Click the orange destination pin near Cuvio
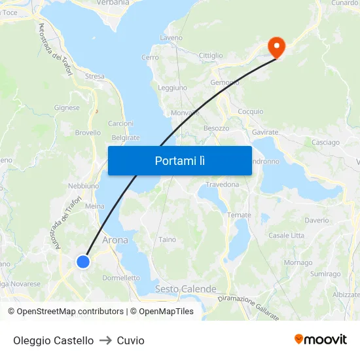pyautogui.click(x=276, y=46)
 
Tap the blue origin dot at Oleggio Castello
pyautogui.click(x=82, y=262)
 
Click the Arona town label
pyautogui.click(x=115, y=240)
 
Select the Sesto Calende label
pyautogui.click(x=185, y=289)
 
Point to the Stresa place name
pyautogui.click(x=94, y=77)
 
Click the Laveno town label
pyautogui.click(x=171, y=38)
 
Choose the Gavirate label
pyautogui.click(x=265, y=132)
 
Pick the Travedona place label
pyautogui.click(x=223, y=185)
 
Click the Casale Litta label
pyautogui.click(x=286, y=235)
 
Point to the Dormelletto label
pyautogui.click(x=121, y=278)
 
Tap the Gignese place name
pyautogui.click(x=67, y=108)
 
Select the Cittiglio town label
pyautogui.click(x=211, y=56)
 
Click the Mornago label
pyautogui.click(x=298, y=262)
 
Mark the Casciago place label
pyautogui.click(x=325, y=142)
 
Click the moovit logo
pyautogui.click(x=320, y=339)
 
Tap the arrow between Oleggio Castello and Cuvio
pyautogui.click(x=105, y=340)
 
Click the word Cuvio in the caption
pyautogui.click(x=130, y=340)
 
